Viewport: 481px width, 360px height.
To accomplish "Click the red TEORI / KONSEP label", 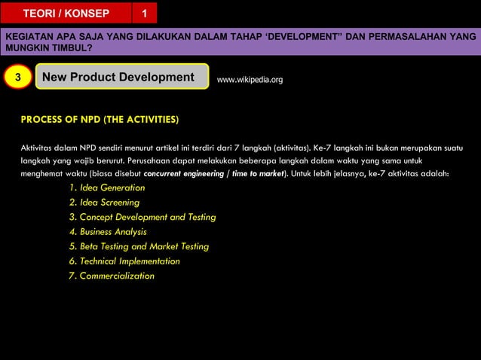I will tap(66, 14).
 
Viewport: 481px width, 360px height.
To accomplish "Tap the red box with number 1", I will tap(145, 14).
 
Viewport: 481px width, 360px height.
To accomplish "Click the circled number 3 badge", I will tap(18, 78).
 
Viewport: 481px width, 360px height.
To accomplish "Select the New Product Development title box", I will tap(121, 78).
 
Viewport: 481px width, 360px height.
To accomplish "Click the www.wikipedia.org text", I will tap(250, 79).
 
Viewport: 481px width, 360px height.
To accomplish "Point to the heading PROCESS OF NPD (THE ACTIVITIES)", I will tap(100, 119).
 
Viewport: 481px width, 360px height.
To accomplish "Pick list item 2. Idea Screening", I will tap(104, 203).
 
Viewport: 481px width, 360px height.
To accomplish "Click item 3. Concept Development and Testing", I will tap(142, 217).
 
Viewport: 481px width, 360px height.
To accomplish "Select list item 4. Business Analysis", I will tap(108, 232).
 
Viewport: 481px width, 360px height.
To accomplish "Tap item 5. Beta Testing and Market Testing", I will tap(139, 246).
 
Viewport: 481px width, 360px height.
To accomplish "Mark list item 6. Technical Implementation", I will tap(124, 261).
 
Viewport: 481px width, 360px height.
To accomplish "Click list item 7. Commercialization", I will tap(112, 276).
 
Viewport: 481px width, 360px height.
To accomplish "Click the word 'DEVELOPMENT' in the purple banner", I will tap(305, 36).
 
